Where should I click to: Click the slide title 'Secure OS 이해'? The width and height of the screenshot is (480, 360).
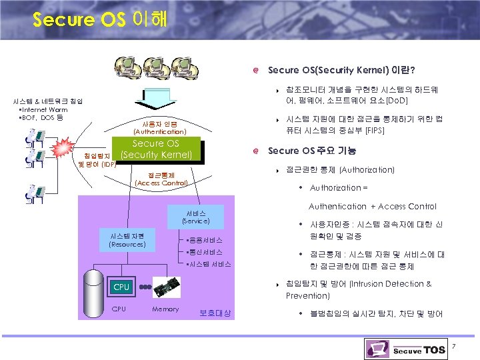coord(101,19)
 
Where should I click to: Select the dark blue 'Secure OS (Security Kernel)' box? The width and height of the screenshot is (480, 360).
coord(156,150)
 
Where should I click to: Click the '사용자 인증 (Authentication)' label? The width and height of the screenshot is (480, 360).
coord(160,128)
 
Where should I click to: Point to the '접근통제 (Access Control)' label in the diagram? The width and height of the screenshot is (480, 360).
coord(161,178)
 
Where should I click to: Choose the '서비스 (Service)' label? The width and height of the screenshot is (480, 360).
coord(195,217)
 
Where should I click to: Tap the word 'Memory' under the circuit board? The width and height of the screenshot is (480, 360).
coord(165,309)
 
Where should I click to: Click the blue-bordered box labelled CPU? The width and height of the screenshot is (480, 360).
coord(121,287)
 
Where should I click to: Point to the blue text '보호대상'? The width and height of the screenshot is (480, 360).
coord(215,313)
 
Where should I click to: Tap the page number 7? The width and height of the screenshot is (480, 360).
coord(453,346)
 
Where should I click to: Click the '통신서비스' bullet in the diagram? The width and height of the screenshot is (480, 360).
coord(205,252)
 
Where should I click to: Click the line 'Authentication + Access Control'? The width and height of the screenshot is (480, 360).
coord(372,206)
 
